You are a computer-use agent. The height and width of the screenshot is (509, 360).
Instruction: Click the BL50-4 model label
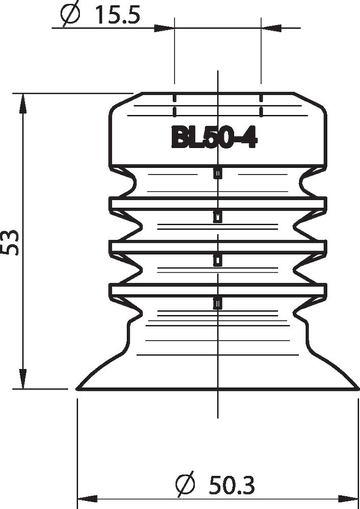tap(213, 137)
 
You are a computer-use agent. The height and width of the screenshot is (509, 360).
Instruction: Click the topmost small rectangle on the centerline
tap(217, 174)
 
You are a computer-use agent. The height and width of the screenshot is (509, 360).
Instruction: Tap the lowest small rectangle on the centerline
tap(217, 303)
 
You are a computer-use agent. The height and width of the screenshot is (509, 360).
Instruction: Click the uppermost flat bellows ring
tap(217, 204)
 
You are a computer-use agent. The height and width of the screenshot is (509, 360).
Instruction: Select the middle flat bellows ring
tap(217, 246)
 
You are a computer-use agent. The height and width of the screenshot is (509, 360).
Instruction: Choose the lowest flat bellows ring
tap(217, 290)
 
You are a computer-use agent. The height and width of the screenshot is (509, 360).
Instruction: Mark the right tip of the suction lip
tap(357, 388)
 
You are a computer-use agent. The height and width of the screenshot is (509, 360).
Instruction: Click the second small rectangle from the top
tap(217, 217)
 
